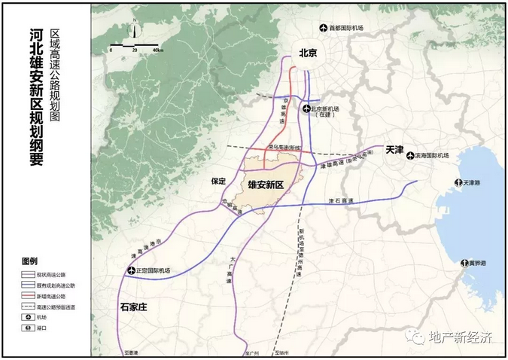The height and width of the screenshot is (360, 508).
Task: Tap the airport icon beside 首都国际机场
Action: [x=324, y=29]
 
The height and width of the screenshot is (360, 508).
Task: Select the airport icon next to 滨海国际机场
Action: [x=409, y=156]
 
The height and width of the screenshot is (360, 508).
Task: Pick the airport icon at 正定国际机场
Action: [x=133, y=270]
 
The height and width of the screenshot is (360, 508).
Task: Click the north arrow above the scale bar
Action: [x=132, y=32]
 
